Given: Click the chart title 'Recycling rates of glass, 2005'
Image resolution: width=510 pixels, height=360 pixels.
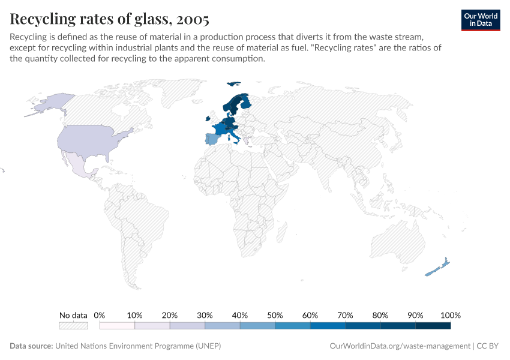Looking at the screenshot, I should [109, 19].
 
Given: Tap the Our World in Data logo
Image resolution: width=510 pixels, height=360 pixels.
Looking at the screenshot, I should [481, 20].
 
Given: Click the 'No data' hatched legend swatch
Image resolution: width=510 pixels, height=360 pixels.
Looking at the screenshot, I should [73, 326].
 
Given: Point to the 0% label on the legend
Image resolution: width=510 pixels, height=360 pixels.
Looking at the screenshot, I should [100, 315].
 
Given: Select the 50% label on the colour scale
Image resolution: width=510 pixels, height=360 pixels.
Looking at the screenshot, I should [275, 315].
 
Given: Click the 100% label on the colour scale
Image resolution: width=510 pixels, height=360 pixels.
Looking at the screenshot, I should [450, 315].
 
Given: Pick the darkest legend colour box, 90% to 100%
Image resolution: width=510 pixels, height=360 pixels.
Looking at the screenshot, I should [433, 326].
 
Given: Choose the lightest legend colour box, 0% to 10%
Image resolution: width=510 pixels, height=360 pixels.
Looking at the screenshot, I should [117, 326].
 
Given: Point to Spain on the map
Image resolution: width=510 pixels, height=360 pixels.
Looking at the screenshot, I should [212, 140].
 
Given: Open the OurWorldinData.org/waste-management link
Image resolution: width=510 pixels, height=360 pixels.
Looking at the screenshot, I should [400, 346].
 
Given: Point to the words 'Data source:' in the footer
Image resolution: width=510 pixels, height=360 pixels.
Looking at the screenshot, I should [31, 346].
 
